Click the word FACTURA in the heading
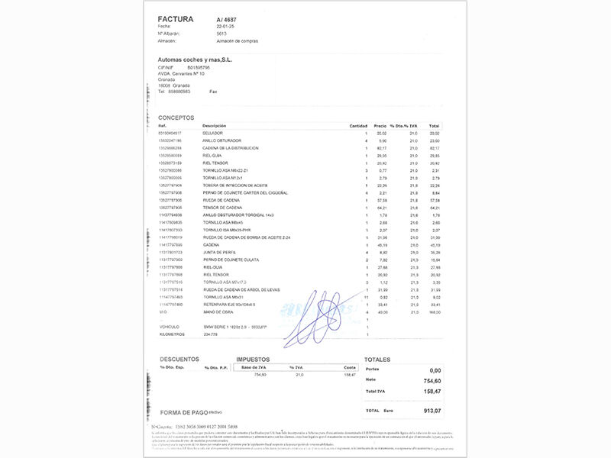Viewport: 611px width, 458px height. (x=175, y=18)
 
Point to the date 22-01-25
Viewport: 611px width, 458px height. (x=227, y=26)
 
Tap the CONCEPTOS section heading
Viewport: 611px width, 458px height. (x=176, y=118)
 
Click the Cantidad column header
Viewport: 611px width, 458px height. (x=358, y=125)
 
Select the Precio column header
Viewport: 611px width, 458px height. (x=380, y=125)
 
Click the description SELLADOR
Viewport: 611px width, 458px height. (x=212, y=133)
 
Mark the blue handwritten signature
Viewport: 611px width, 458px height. (x=321, y=313)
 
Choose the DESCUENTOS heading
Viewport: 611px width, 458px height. (x=179, y=358)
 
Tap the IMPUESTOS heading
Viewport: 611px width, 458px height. (x=254, y=358)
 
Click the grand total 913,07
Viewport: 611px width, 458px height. (x=432, y=411)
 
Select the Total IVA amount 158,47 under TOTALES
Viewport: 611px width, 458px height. (x=432, y=392)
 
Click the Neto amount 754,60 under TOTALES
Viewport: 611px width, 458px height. (x=432, y=379)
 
